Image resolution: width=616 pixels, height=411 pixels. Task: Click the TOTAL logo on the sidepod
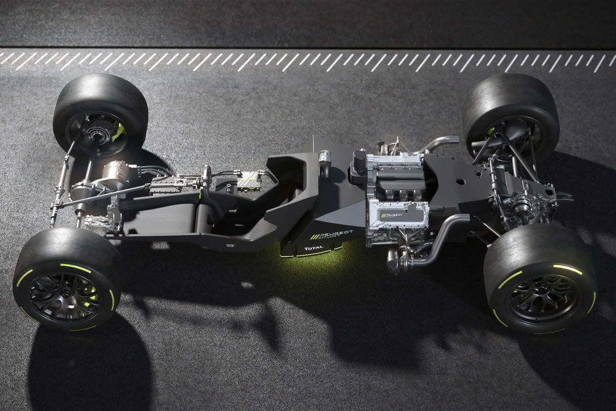[313, 248]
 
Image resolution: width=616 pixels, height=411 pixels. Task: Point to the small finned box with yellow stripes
[248, 181]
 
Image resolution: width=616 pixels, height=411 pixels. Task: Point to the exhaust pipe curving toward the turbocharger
[442, 238]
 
